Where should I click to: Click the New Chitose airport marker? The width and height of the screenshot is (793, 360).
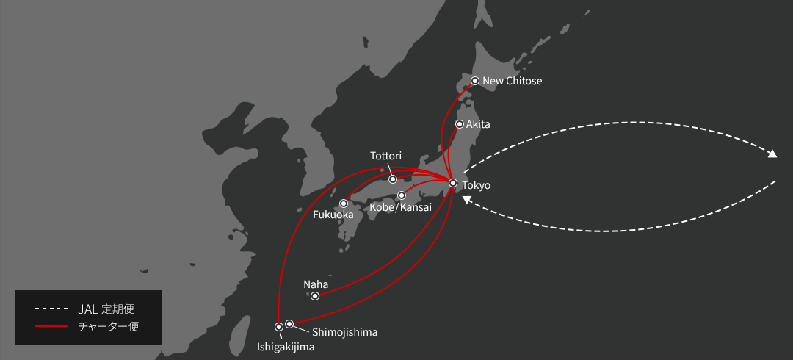[x=475, y=81]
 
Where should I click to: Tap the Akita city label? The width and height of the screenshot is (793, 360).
[x=478, y=124]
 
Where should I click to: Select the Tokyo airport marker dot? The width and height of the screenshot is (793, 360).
[x=453, y=183]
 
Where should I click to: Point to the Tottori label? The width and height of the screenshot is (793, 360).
[x=386, y=156]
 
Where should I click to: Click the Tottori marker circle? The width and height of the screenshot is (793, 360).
[x=393, y=179]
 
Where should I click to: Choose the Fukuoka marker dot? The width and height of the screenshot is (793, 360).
[x=344, y=204]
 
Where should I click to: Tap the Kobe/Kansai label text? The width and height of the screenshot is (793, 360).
[x=400, y=208]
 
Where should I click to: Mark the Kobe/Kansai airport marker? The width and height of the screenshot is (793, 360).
[x=402, y=195]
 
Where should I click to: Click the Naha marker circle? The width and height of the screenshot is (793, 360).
[x=315, y=296]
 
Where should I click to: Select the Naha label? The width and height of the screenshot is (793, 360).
[x=316, y=284]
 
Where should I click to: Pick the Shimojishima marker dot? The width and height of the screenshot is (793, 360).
[x=289, y=323]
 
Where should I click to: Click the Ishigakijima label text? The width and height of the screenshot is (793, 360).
[x=286, y=347]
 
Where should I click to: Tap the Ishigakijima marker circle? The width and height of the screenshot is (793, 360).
[x=279, y=326]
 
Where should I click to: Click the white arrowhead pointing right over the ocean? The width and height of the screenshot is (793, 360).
[x=772, y=155]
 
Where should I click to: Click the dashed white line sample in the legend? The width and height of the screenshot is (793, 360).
[x=51, y=308]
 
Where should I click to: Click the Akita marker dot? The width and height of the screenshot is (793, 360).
[x=460, y=124]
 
